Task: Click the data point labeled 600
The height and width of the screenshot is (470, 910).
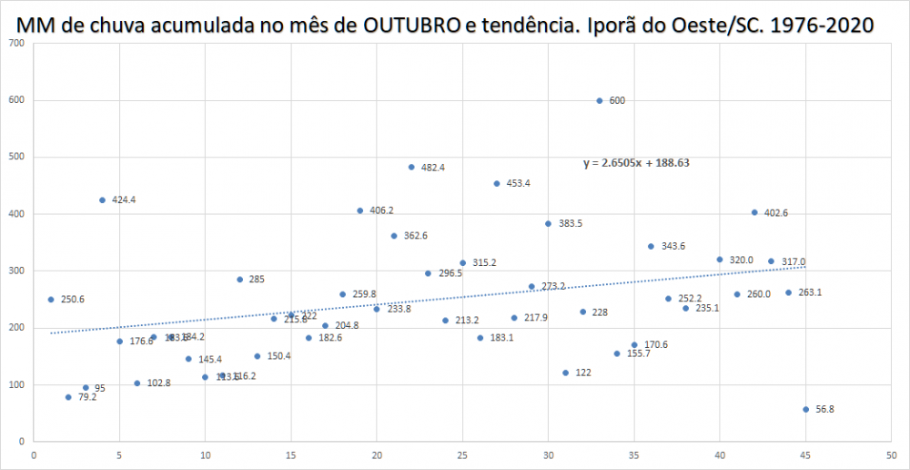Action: (x=600, y=100)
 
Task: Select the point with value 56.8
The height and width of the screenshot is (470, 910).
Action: (x=805, y=409)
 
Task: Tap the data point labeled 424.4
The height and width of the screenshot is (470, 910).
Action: (x=102, y=200)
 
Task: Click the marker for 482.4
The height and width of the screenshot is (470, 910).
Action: (x=411, y=168)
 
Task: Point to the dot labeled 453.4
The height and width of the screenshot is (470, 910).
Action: (x=497, y=183)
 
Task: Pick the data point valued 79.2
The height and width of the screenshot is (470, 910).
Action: (x=68, y=397)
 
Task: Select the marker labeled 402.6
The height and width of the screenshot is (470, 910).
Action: (x=754, y=212)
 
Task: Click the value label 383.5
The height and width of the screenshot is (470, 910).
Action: (x=570, y=224)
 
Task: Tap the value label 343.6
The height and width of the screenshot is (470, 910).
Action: (x=672, y=247)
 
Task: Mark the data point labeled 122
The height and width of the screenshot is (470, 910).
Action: (x=565, y=373)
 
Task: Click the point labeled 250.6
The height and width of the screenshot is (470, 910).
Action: (x=51, y=300)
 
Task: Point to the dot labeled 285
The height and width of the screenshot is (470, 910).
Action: (x=239, y=280)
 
